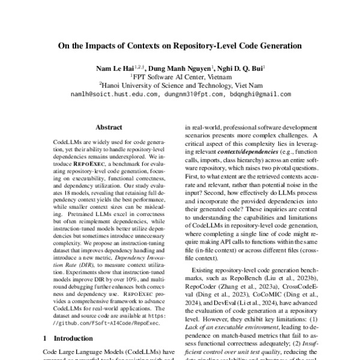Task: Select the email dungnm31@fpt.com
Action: point(191,94)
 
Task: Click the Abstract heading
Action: point(109,127)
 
